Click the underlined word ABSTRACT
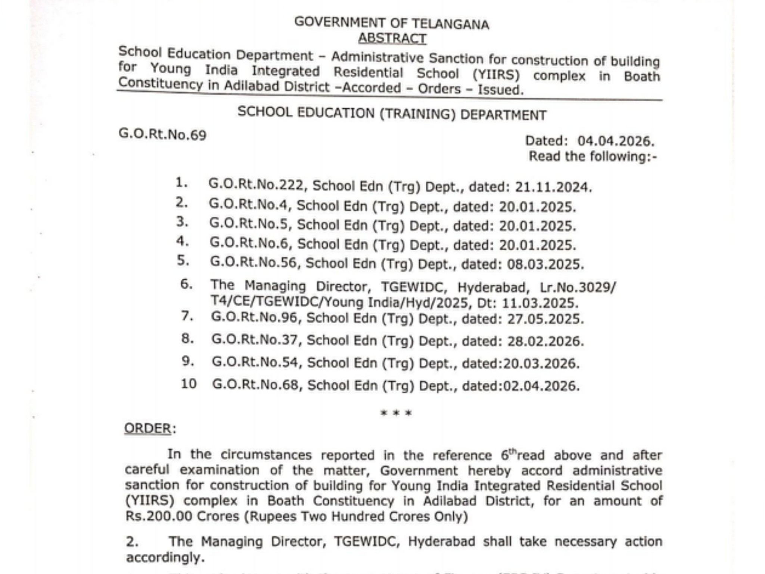[x=392, y=38]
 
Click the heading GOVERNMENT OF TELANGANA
[x=392, y=23]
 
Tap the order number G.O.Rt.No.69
[x=162, y=134]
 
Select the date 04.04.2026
[x=616, y=141]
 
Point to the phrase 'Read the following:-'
[x=593, y=156]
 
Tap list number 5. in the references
[x=183, y=260]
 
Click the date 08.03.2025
[x=545, y=264]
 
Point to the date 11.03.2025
[x=540, y=303]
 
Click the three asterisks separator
[x=396, y=413]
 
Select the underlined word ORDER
[x=147, y=428]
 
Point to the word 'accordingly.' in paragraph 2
[x=165, y=557]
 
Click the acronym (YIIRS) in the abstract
[x=496, y=75]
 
